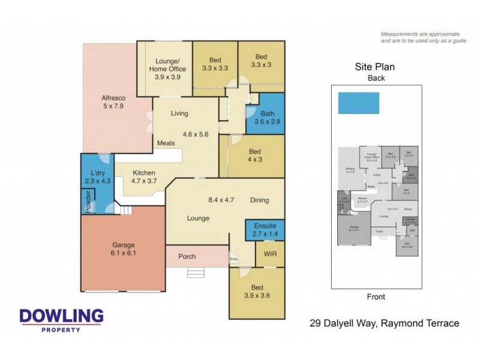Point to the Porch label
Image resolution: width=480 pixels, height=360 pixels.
click(x=187, y=257)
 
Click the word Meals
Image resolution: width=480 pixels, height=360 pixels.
click(x=165, y=143)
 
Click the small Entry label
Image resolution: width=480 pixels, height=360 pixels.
click(x=234, y=259)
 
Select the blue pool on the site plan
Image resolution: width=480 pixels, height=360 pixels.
click(x=358, y=103)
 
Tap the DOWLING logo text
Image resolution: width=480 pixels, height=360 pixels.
click(x=61, y=316)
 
